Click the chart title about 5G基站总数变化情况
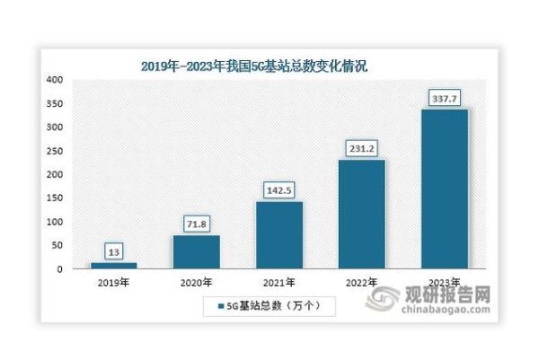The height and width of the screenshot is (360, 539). click(x=255, y=66)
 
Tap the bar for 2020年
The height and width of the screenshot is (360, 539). click(x=197, y=251)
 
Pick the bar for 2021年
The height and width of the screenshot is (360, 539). click(x=278, y=234)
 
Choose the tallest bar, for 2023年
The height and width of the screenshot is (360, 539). click(x=444, y=189)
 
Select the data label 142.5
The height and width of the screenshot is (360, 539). click(x=278, y=191)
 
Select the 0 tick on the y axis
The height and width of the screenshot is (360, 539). click(x=59, y=269)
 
